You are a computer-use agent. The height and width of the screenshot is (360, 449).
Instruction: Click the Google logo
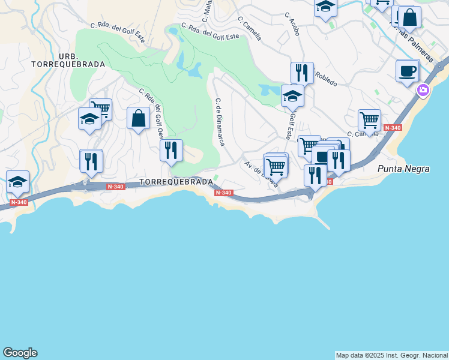20,353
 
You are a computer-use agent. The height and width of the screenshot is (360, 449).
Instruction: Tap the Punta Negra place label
403,169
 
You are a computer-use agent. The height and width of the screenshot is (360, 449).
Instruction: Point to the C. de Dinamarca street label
220,122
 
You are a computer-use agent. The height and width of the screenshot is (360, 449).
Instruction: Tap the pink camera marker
424,91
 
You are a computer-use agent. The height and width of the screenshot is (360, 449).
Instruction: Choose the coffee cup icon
407,71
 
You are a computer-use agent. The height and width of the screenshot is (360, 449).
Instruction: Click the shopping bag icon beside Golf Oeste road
138,118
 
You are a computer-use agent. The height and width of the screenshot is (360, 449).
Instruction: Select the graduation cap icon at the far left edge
17,181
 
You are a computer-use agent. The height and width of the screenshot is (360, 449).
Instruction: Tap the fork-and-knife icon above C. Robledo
302,73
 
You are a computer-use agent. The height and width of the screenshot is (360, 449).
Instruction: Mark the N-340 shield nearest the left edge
19,202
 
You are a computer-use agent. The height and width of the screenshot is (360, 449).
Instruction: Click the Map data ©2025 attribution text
391,355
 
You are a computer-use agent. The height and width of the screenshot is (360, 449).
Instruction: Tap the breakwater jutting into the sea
324,224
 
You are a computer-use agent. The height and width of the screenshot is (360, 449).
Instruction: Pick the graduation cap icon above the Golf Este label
293,96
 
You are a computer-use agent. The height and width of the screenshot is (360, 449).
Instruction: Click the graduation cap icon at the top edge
325,7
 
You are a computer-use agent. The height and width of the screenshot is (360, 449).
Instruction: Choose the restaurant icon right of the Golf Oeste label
171,150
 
